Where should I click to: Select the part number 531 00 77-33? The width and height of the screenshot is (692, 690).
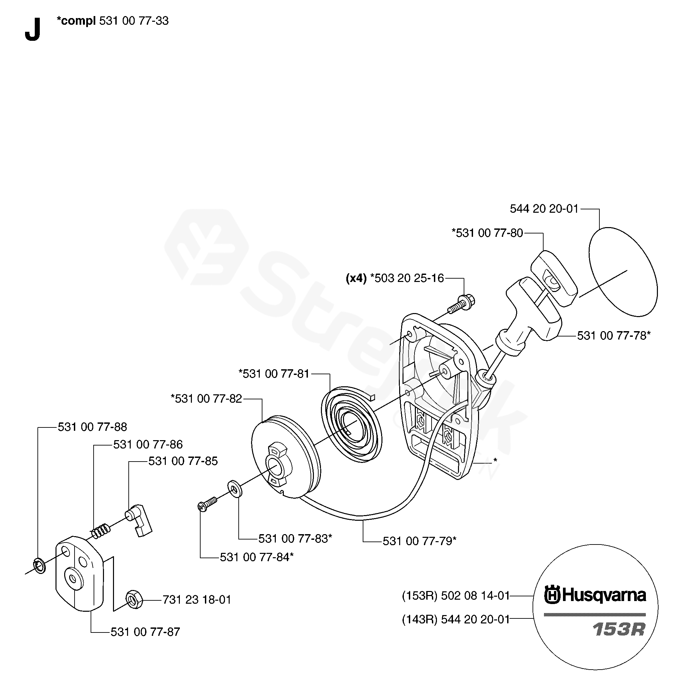134,21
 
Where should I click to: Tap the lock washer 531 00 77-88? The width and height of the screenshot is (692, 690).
40,566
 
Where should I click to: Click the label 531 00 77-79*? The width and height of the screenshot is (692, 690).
420,541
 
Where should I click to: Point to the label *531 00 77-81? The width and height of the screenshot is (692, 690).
274,374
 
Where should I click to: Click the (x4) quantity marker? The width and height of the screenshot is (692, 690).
356,278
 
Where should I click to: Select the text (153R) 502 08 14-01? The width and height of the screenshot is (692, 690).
456,596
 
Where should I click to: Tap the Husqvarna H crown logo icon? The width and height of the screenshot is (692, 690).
552,596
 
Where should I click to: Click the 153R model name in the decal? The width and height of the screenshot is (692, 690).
618,630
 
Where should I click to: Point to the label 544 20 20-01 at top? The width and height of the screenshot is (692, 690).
544,209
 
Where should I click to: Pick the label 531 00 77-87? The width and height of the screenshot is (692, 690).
145,631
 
